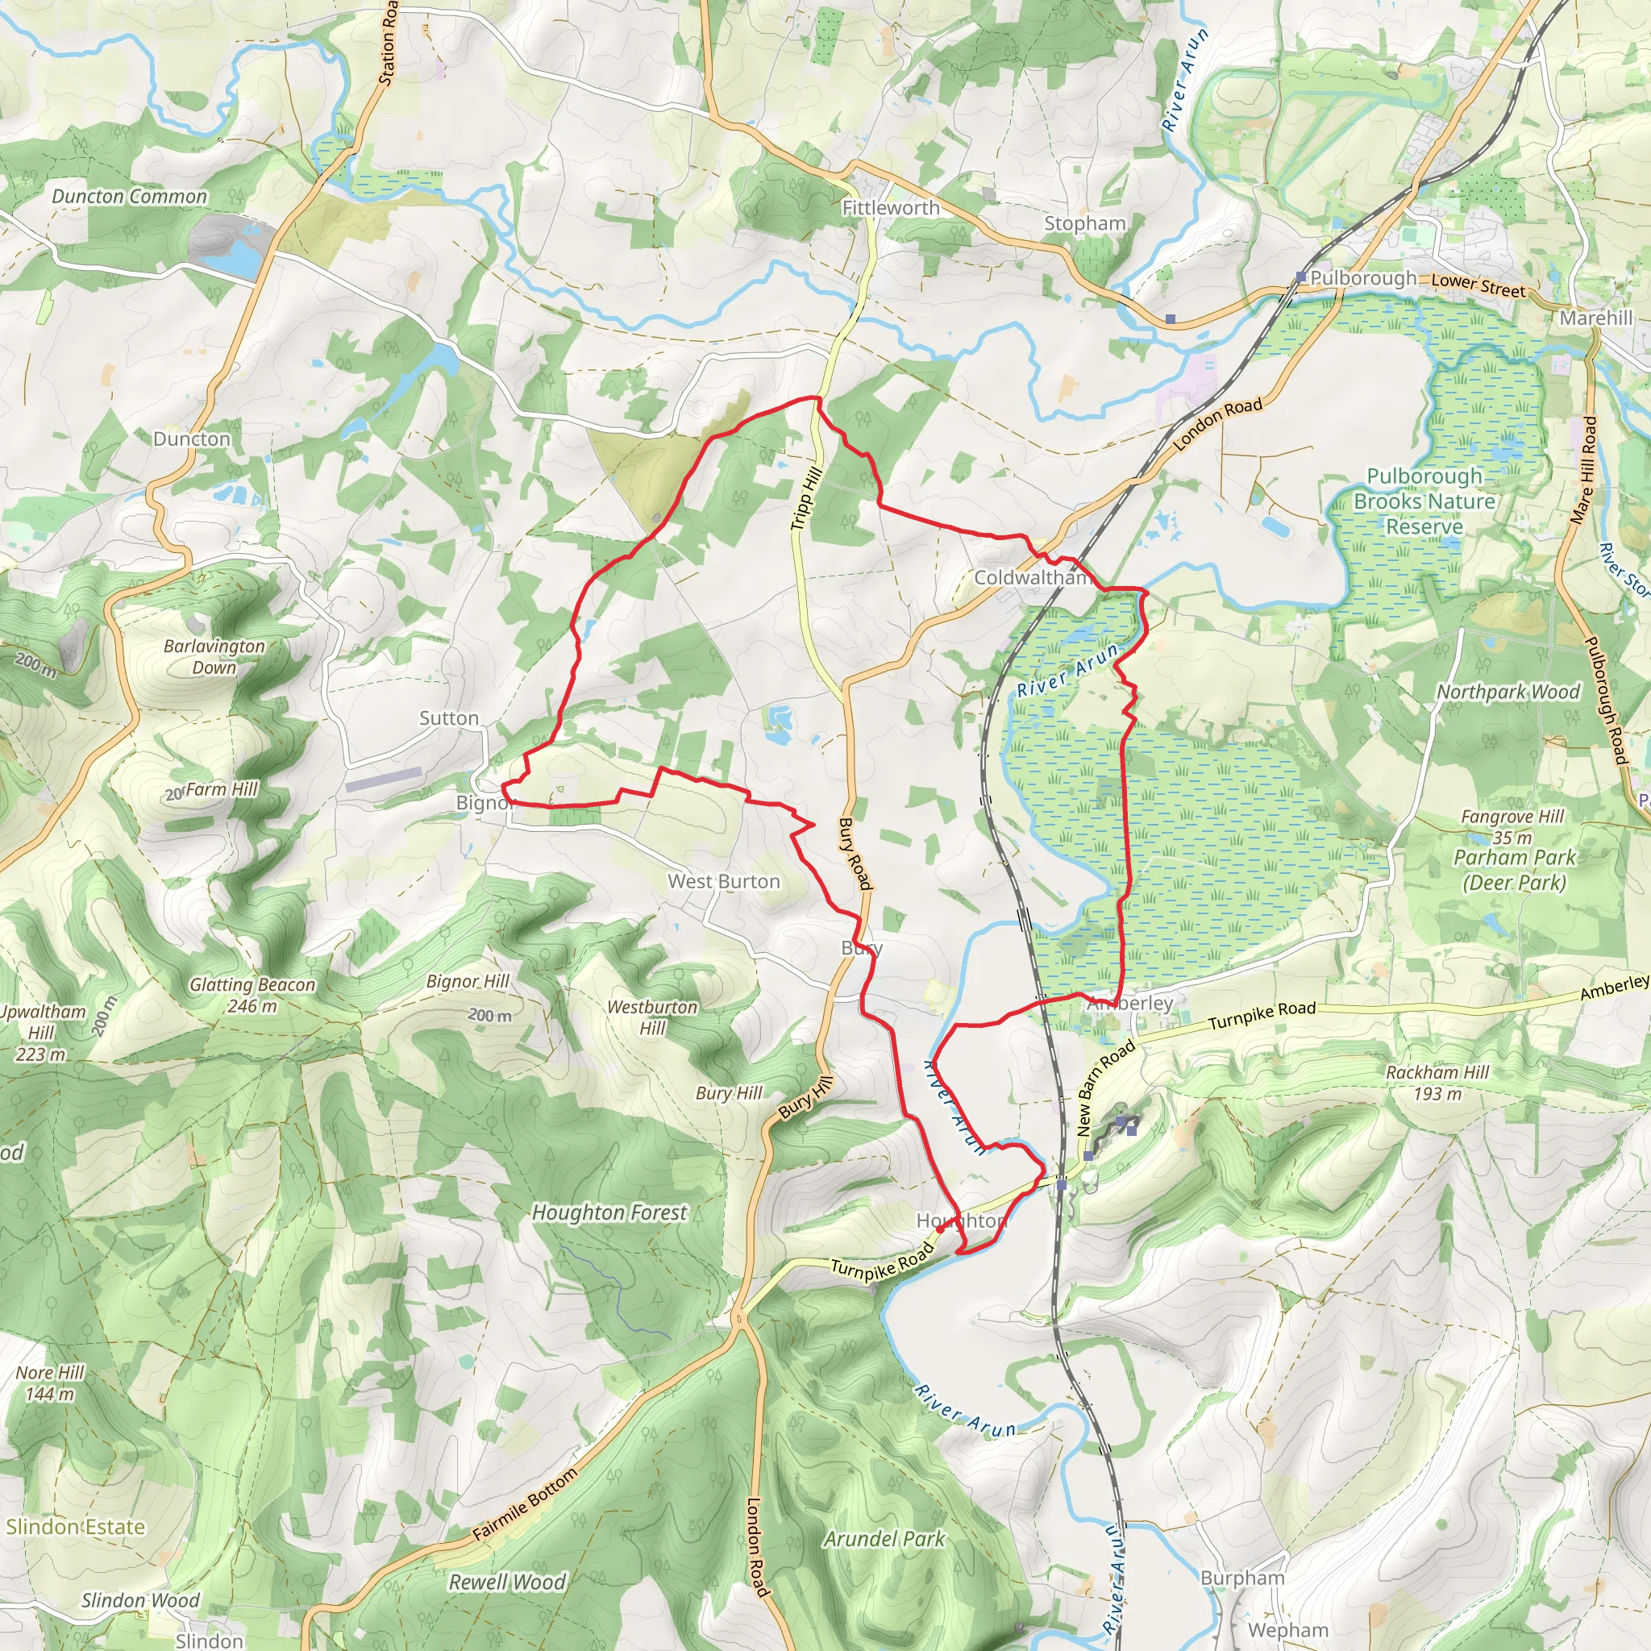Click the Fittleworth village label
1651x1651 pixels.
891,208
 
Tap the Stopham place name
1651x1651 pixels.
1084,223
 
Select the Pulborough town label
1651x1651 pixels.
1363,278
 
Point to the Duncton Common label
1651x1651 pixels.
129,197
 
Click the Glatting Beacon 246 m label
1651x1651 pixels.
252,995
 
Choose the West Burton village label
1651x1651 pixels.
724,881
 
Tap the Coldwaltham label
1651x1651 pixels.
1033,578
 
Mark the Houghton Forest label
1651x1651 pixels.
609,1212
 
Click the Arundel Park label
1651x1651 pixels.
884,1539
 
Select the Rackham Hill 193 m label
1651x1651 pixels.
1437,1082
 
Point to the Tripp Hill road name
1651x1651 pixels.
806,498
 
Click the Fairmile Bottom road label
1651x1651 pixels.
525,1504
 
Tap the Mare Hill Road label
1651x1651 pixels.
1583,469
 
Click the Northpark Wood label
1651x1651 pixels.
1508,692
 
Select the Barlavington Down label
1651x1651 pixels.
214,656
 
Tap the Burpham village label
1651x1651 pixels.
1242,1578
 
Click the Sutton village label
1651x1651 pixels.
449,717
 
